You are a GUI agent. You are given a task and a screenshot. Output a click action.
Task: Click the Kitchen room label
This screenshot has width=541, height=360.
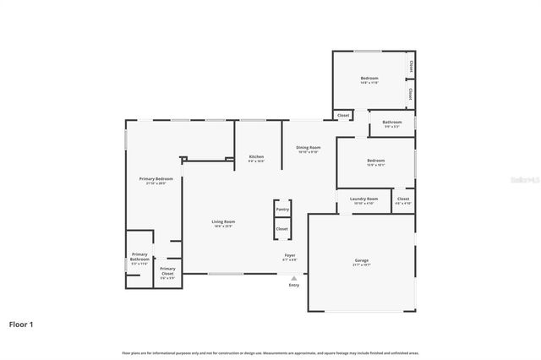pos(256,156)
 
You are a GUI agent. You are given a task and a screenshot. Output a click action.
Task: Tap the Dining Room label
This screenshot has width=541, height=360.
pos(308,148)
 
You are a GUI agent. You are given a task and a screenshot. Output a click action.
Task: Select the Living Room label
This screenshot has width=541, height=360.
pos(222,221)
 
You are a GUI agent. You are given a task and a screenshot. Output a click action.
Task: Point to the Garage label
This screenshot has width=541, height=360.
pos(361,260)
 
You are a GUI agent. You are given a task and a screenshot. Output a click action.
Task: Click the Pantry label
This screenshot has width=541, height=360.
pos(282,209)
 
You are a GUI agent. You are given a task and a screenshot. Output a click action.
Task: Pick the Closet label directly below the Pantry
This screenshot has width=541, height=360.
pos(282,228)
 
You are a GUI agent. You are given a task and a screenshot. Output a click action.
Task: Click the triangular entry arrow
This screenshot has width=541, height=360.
pos(294,277)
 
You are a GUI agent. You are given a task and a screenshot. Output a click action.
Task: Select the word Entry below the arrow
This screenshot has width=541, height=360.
pos(294,286)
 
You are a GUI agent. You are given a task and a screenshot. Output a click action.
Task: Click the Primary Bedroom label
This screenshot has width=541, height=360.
pos(156,179)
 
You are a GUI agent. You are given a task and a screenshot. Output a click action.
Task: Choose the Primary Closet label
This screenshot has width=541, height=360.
pos(167,271)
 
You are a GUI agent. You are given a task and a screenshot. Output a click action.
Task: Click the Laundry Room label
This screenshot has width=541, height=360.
pos(363,199)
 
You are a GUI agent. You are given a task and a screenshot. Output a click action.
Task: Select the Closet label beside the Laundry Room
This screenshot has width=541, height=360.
pos(403,199)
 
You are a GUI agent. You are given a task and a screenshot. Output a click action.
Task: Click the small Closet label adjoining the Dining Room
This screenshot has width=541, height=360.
pos(343,115)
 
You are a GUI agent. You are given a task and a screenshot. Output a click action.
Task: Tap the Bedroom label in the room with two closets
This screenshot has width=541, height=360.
pos(369,79)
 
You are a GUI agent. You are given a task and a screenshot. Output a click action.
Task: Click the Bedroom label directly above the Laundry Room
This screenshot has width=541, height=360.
pos(375,161)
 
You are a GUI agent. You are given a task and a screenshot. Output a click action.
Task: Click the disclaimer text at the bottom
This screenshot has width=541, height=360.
pos(270,352)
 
